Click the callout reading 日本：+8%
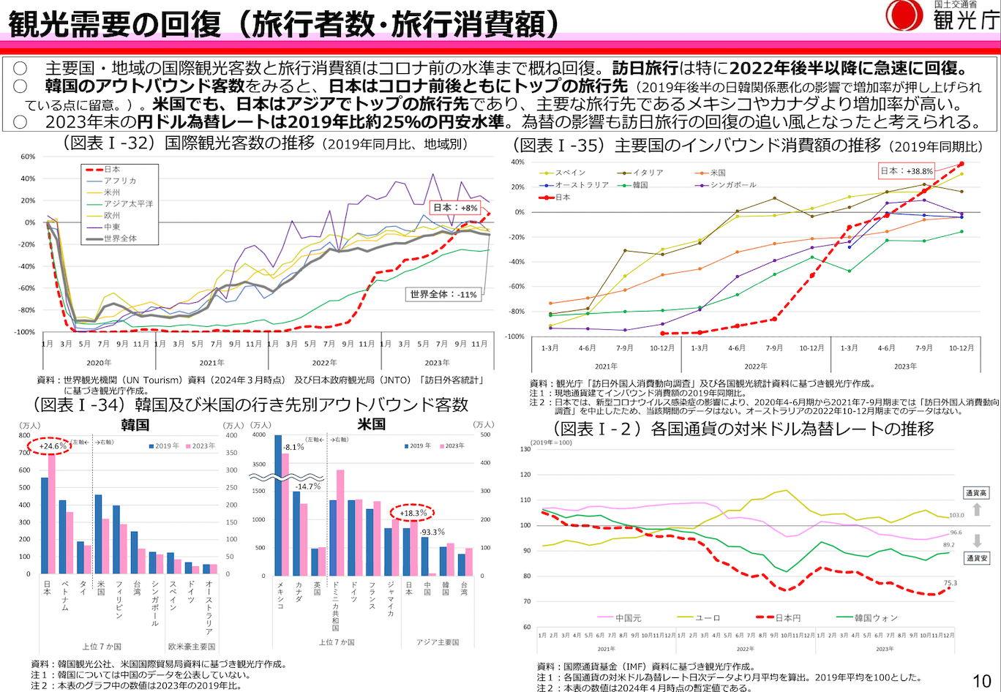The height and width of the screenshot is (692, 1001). click(x=454, y=207)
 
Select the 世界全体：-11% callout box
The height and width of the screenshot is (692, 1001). click(x=443, y=294)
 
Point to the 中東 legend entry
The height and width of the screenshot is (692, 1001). click(x=112, y=227)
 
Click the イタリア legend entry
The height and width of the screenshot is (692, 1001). click(x=646, y=173)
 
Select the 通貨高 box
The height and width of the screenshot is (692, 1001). click(x=977, y=494)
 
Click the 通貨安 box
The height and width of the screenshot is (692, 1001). click(x=977, y=557)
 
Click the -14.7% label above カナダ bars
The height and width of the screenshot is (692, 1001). click(x=307, y=486)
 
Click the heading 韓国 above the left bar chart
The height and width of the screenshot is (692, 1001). click(x=135, y=425)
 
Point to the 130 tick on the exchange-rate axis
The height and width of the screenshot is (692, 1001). click(x=524, y=449)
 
